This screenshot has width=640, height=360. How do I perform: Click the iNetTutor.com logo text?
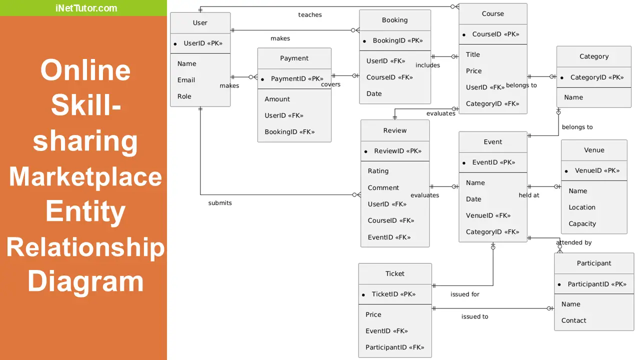pos(86,8)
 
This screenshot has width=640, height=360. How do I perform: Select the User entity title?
pos(200,22)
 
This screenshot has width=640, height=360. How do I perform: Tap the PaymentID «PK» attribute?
pos(297,78)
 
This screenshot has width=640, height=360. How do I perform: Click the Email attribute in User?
pos(186,80)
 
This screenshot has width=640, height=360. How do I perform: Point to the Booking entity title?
pos(394,20)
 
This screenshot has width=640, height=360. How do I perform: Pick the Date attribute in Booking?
pos(374,93)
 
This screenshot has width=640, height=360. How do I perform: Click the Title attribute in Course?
pos(472,54)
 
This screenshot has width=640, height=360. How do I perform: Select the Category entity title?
pos(594,56)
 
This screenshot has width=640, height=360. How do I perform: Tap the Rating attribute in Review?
pos(378,171)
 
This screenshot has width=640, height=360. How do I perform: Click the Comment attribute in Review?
pos(383,187)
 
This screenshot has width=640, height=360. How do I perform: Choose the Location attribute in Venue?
pos(581,207)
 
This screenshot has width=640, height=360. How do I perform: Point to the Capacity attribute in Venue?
pos(582,223)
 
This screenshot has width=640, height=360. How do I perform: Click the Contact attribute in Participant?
pos(573,320)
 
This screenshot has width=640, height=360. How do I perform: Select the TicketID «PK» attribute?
pos(393,294)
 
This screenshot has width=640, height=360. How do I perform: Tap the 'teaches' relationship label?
pos(310,14)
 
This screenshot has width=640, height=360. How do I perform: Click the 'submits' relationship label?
pos(220,203)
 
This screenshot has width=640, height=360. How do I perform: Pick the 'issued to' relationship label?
pos(474,316)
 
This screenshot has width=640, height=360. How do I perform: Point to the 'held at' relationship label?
pos(528,195)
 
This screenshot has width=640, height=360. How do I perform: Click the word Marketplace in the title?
pos(85,176)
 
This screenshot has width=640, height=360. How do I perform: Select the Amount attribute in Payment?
pos(277,99)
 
